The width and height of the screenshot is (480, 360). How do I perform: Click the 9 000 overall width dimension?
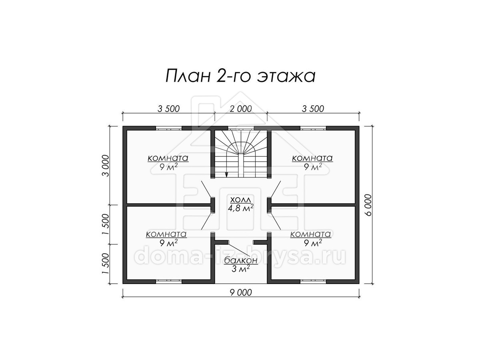coord(241,292)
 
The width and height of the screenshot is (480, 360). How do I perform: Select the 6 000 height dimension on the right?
coord(368,205)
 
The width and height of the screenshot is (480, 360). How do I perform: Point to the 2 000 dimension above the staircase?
coord(241,109)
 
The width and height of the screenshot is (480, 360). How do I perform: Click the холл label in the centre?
coord(240,200)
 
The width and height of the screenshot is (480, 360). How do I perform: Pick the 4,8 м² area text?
coord(240,208)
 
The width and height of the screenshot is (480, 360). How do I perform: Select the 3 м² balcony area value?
coord(241,269)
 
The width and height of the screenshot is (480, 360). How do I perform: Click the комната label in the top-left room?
coord(168,158)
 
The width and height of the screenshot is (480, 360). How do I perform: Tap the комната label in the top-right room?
coord(312,158)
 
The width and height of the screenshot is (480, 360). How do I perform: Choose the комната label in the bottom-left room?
coord(166,234)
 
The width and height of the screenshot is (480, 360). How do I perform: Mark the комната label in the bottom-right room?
coord(310,234)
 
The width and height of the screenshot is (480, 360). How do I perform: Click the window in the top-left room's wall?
coord(169,128)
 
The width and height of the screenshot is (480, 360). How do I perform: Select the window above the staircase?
coord(241,128)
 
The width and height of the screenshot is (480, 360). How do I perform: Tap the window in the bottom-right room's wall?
coord(313,282)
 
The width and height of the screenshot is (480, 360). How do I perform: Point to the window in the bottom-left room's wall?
coord(169,282)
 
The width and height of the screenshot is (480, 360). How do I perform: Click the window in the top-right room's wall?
coord(313,128)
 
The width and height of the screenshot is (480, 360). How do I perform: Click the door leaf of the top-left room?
coord(206,189)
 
